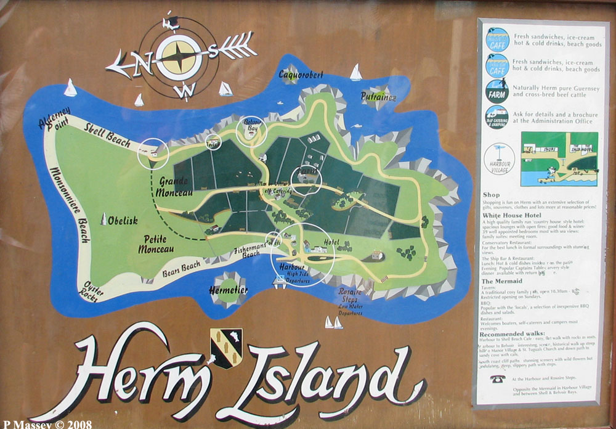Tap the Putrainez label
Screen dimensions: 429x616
pyautogui.click(x=379, y=96)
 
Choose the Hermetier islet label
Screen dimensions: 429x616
pyautogui.click(x=228, y=289)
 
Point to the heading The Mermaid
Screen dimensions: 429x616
pyautogui.click(x=501, y=280)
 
